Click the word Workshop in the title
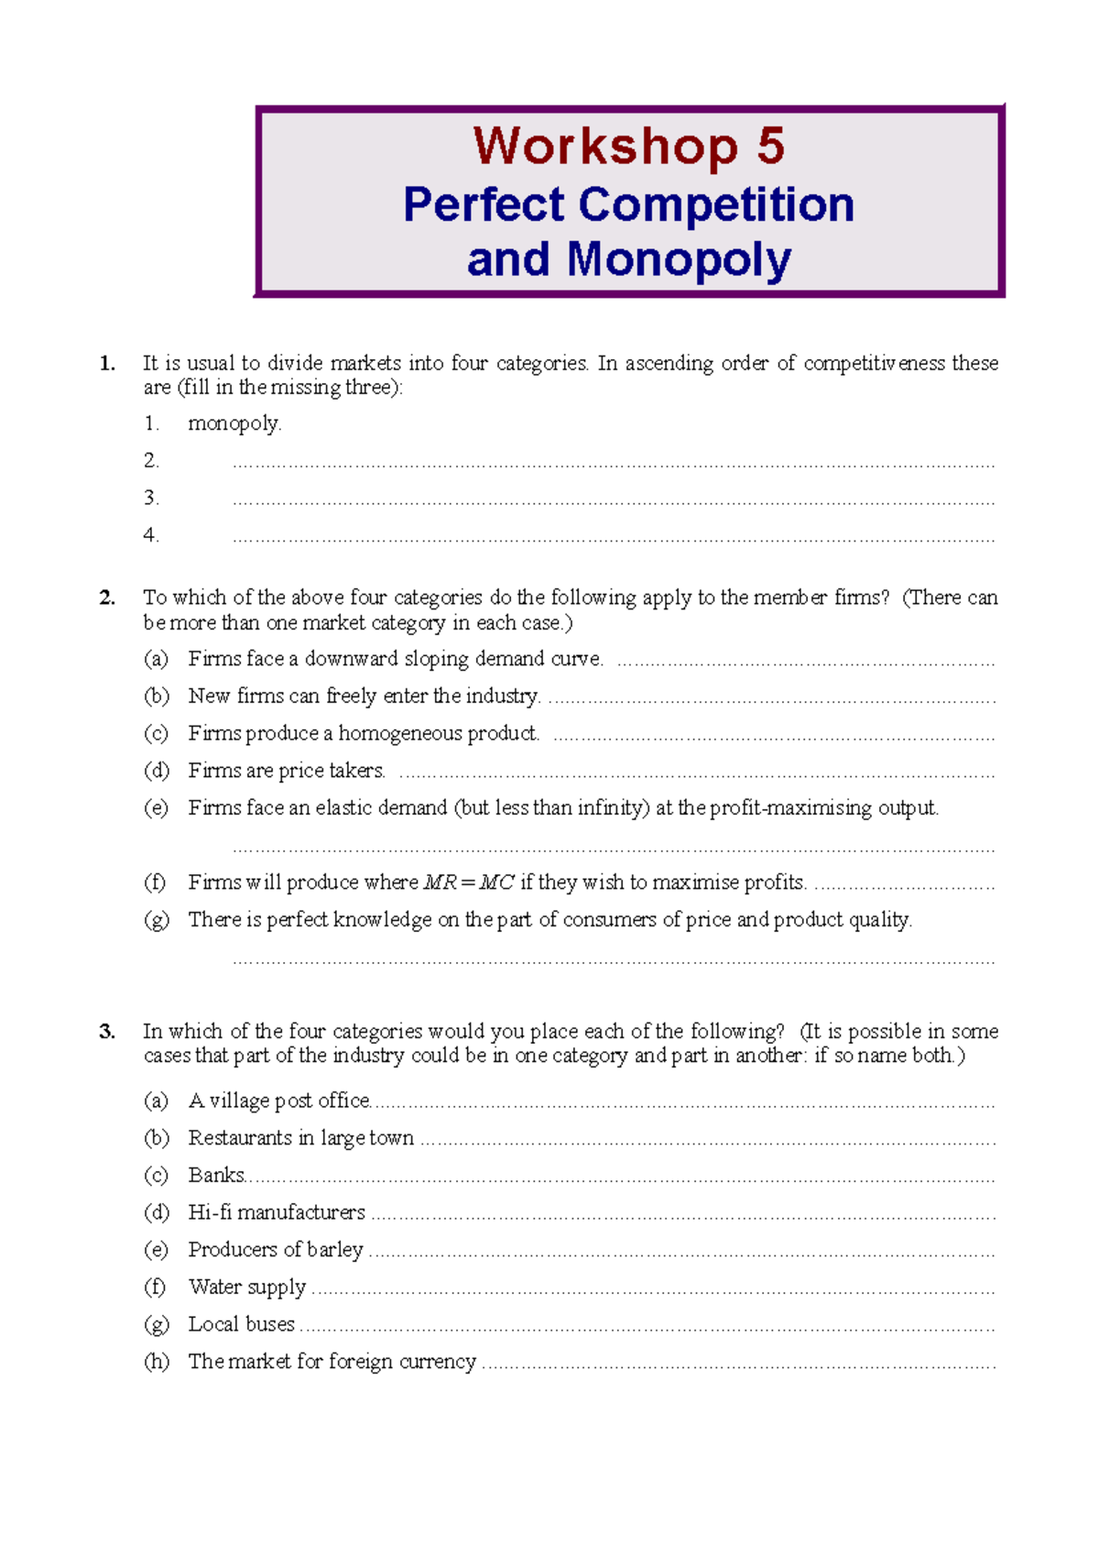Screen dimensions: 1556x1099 [604, 147]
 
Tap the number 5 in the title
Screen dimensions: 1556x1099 [770, 147]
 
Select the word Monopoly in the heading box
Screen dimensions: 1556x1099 [679, 260]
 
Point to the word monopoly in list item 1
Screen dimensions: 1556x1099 [234, 423]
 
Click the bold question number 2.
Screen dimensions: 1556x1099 [107, 597]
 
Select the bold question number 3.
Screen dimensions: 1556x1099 [107, 1031]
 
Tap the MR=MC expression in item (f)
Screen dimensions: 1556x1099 [469, 882]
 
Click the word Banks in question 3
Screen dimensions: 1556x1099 [216, 1175]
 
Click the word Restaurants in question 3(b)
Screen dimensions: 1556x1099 [240, 1138]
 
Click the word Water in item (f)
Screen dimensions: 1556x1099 [214, 1287]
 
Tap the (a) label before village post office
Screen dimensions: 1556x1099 [156, 1101]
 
